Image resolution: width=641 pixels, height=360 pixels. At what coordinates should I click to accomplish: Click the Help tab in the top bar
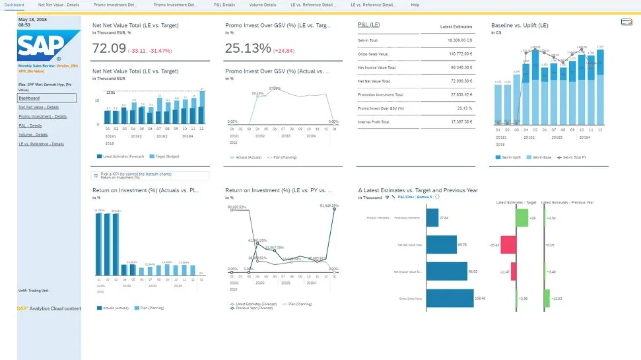[x=415, y=5]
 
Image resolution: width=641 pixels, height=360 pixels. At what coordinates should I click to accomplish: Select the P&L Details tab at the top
[x=224, y=5]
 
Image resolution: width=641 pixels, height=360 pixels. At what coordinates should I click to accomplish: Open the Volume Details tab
[x=263, y=5]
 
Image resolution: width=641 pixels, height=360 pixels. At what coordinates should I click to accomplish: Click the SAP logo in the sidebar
[x=40, y=46]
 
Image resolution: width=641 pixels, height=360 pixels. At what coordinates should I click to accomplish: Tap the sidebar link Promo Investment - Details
[x=42, y=116]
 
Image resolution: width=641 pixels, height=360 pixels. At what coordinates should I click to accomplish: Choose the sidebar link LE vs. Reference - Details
[x=41, y=143]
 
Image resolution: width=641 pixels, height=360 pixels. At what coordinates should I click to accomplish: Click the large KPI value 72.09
[x=109, y=48]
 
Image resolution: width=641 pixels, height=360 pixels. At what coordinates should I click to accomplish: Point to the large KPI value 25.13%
[x=248, y=48]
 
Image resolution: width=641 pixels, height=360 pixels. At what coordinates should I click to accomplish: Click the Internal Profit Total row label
[x=374, y=122]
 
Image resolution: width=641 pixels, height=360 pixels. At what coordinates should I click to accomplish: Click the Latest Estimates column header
[x=455, y=27]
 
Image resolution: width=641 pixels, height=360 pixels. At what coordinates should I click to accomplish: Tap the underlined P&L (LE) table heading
[x=368, y=24]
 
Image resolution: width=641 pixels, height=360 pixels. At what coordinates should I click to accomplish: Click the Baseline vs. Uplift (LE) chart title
[x=520, y=25]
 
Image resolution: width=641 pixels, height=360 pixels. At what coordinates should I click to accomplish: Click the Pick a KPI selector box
[x=151, y=176]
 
